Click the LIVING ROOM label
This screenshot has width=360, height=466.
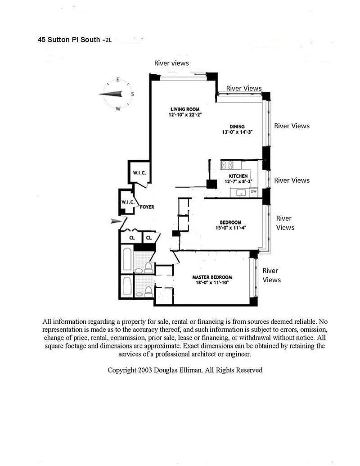[x=185, y=109]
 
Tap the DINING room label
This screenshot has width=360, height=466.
[x=237, y=127]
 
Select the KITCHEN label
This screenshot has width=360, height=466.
[x=238, y=176]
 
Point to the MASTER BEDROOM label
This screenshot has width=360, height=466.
[x=212, y=277]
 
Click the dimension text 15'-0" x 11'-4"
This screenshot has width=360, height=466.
[x=230, y=228]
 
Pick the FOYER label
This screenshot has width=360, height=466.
[x=147, y=207]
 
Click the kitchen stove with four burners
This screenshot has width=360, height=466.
[x=227, y=165]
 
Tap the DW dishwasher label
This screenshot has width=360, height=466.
[x=254, y=192]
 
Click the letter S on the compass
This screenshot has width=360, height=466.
[x=132, y=94]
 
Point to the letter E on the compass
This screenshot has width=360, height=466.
[x=118, y=80]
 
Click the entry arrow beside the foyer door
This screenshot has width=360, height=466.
[x=116, y=221]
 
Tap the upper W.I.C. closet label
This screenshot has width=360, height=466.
[x=139, y=173]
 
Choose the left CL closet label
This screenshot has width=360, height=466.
[x=132, y=238]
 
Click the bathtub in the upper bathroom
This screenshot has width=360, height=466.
[x=127, y=259]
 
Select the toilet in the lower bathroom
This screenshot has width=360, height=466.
[x=148, y=291]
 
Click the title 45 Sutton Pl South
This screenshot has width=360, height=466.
[x=69, y=40]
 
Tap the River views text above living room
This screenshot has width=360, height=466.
[x=171, y=63]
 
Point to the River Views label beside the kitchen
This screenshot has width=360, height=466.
[x=292, y=181]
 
